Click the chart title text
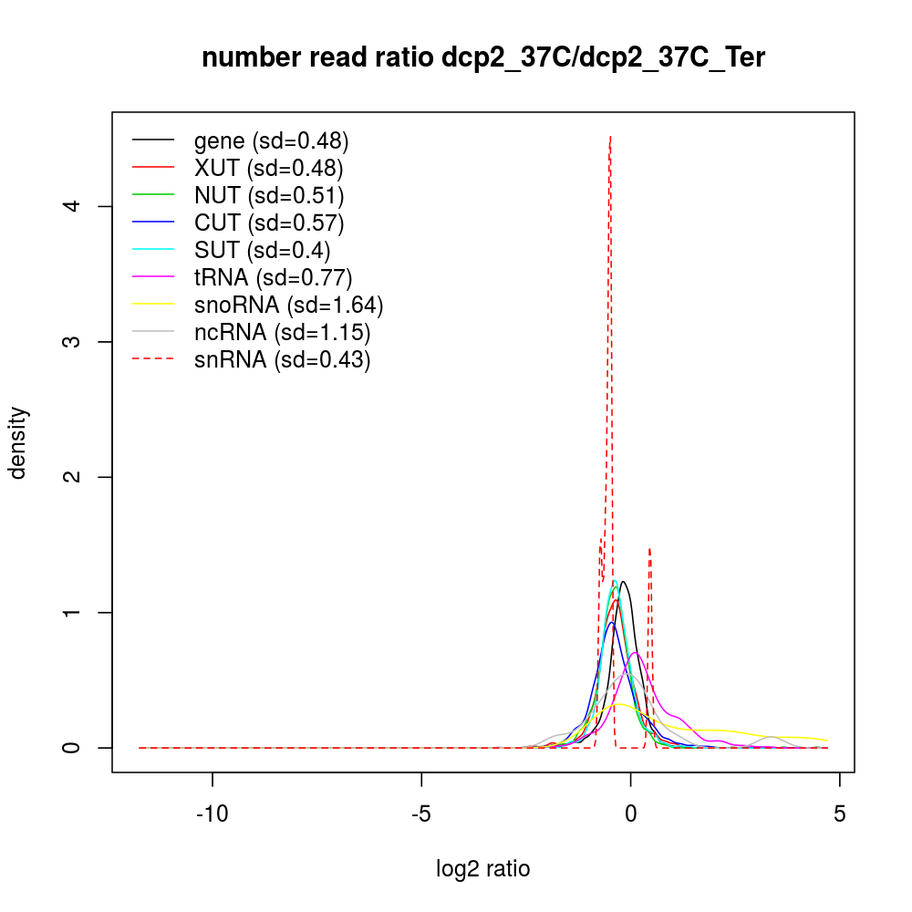[x=483, y=58]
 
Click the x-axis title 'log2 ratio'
[x=483, y=868]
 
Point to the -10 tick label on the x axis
[x=212, y=814]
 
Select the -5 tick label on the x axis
[x=421, y=814]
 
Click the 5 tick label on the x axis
[x=839, y=814]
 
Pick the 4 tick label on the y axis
[x=80, y=206]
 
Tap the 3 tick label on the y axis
[x=80, y=342]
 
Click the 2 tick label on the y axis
[x=80, y=477]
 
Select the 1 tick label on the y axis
[x=80, y=612]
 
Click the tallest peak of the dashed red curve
[x=609, y=138]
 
